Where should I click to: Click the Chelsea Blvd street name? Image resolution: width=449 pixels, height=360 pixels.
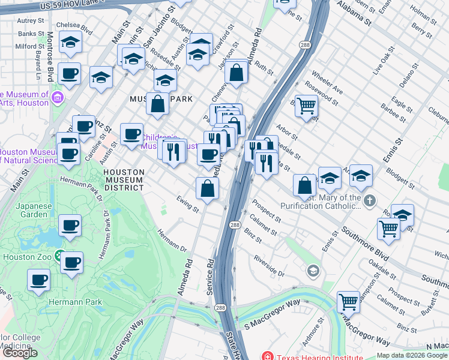73,28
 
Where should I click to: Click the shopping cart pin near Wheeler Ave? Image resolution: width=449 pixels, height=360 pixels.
307,106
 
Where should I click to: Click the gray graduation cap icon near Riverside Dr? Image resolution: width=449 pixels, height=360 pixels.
312,271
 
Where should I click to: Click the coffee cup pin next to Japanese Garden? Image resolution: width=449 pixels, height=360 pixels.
70,226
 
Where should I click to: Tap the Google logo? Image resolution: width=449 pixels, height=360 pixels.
20,353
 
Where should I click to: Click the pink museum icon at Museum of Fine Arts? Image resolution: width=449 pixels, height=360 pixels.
58,97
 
